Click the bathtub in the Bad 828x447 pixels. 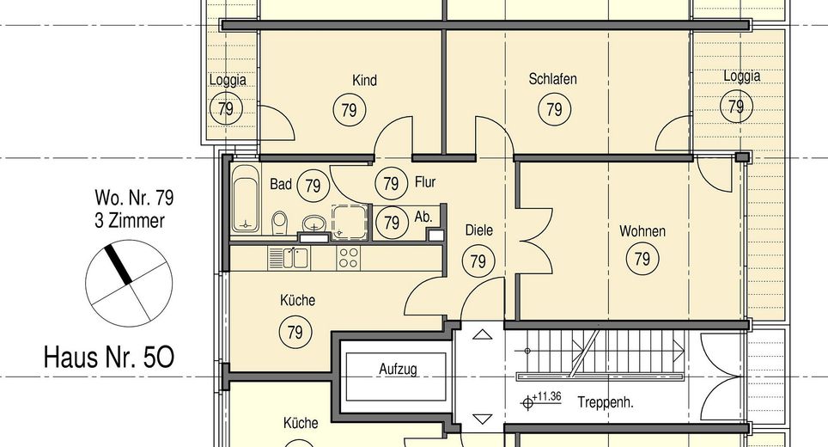246,198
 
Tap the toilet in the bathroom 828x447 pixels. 279,223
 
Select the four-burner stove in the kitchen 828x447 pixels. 349,259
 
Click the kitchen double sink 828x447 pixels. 289,259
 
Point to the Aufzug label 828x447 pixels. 399,369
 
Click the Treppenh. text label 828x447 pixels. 606,402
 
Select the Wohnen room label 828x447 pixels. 642,231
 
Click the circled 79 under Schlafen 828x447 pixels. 554,109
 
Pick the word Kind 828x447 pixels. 364,80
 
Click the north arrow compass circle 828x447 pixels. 129,284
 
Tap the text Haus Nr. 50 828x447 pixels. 109,358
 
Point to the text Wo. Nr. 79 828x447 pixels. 134,198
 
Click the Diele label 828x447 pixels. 479,230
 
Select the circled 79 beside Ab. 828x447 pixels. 392,223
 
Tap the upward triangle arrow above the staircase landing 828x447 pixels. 482,334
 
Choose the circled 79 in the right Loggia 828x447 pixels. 736,107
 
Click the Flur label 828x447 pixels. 425,182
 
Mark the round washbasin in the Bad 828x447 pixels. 314,223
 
